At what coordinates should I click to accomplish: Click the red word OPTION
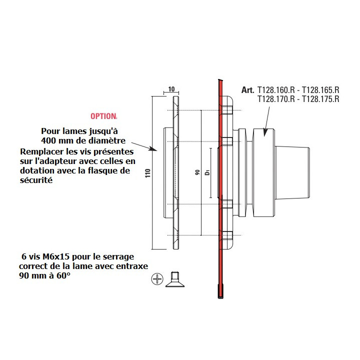103,116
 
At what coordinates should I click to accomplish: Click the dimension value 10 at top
171,89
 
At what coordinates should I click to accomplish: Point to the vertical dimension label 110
147,173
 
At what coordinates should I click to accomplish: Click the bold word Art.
247,90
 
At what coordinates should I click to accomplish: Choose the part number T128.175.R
321,99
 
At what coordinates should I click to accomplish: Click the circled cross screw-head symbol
157,279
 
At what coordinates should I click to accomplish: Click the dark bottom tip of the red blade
219,291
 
